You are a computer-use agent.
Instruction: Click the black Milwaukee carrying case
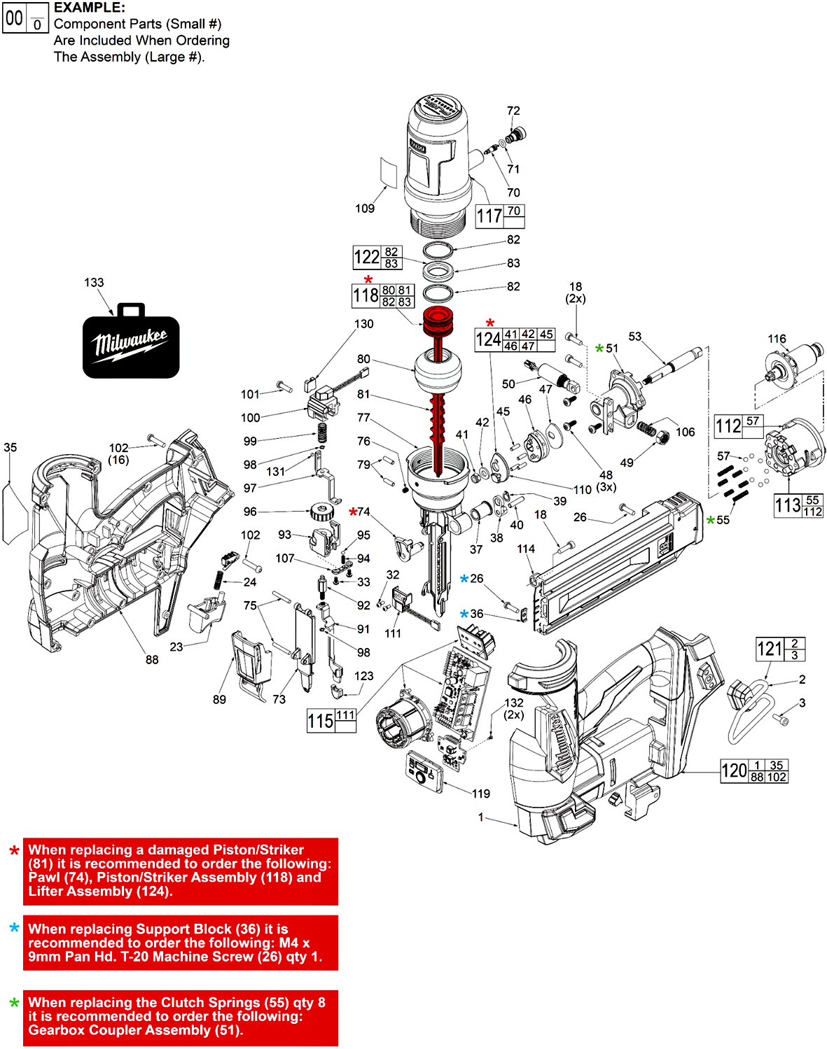click(131, 343)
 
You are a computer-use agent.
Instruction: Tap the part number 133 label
click(94, 283)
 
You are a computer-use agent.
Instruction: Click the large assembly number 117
click(489, 216)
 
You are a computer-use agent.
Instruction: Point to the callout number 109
click(365, 209)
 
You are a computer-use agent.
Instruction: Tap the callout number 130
click(363, 324)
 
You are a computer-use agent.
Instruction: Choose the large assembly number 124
click(488, 340)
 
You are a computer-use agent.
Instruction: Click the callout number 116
click(777, 339)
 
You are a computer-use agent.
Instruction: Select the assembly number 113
click(788, 505)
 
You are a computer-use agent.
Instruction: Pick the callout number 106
click(685, 432)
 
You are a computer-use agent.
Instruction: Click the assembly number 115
click(321, 721)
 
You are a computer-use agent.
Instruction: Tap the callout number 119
click(481, 794)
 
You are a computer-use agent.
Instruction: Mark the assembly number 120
click(734, 771)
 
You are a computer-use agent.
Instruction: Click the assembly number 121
click(770, 649)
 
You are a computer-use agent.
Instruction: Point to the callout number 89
click(219, 700)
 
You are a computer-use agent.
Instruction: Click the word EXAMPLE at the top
click(90, 8)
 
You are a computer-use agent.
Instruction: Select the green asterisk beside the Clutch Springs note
click(14, 1004)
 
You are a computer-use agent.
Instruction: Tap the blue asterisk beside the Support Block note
click(14, 929)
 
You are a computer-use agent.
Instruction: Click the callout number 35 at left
click(11, 448)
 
